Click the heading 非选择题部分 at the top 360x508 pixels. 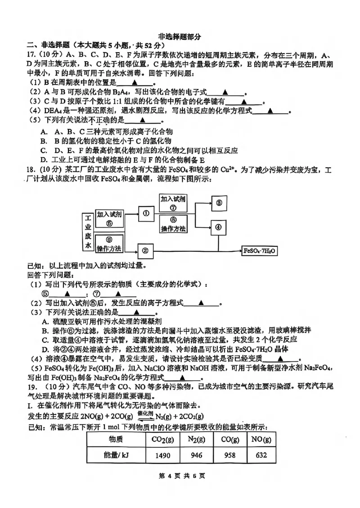coord(180,37)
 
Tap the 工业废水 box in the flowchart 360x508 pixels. coord(88,232)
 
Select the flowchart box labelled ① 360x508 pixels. coord(146,214)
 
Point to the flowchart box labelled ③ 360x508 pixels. coord(219,203)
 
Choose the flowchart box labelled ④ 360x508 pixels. coord(219,227)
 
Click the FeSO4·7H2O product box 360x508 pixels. coord(260,250)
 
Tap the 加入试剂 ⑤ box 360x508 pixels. coord(109,218)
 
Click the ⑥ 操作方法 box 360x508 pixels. coord(109,244)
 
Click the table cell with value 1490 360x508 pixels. coord(162,455)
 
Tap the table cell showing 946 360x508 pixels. coord(197,455)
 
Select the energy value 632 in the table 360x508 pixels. coord(261,455)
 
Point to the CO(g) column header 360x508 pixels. coord(229,439)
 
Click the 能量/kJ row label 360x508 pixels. coord(116,455)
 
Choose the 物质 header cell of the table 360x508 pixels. coord(116,439)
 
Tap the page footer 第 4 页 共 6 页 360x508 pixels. coord(179,476)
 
